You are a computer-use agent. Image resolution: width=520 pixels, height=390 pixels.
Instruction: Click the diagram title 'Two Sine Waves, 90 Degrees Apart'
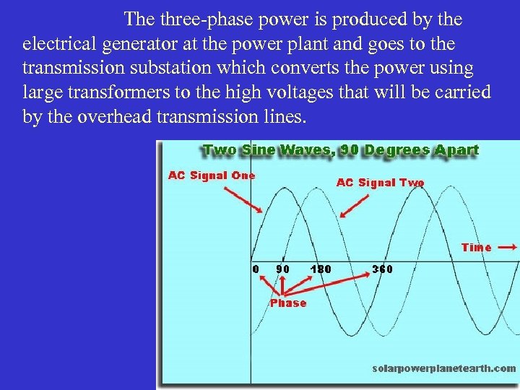pos(341,150)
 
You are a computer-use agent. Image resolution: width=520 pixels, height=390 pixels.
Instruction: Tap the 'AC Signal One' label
pos(212,175)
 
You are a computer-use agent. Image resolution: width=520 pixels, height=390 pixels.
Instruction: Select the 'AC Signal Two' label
pos(380,183)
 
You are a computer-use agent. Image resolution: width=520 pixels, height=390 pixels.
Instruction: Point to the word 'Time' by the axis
pos(476,247)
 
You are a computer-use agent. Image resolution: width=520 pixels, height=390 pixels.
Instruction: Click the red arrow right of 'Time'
pos(508,247)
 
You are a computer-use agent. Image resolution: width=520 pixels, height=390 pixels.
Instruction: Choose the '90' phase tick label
pos(283,269)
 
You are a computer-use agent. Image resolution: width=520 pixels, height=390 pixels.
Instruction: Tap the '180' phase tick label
pos(320,269)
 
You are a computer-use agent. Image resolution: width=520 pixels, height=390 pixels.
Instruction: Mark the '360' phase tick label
pos(382,269)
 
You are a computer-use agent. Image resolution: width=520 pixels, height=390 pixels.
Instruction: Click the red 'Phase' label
pos(287,303)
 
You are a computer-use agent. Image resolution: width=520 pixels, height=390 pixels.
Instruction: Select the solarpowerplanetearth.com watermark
pos(443,368)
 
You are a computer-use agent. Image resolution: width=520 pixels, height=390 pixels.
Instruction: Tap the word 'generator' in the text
pos(138,44)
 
